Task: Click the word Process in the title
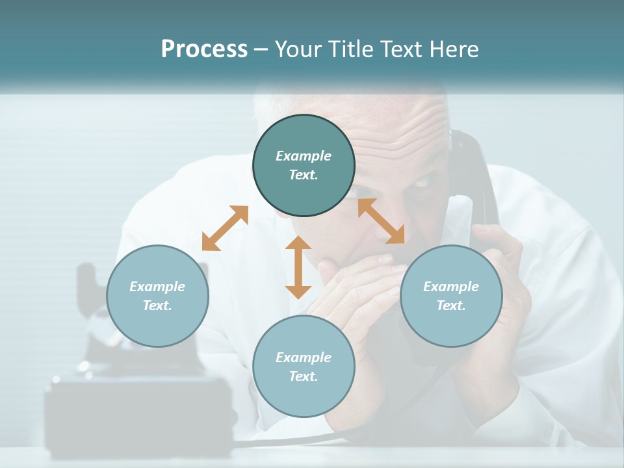(204, 49)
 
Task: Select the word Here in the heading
(453, 49)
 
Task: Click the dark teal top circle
(304, 166)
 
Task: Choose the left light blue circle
(157, 296)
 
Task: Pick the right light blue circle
(451, 296)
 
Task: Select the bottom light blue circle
(304, 367)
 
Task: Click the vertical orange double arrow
(298, 267)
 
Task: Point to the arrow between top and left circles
(225, 228)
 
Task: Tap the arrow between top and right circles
(381, 221)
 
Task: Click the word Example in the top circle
(304, 156)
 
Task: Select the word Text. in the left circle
(157, 305)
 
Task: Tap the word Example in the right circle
(451, 287)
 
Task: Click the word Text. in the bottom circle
(304, 376)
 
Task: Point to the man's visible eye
(421, 183)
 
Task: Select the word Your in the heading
(298, 49)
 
